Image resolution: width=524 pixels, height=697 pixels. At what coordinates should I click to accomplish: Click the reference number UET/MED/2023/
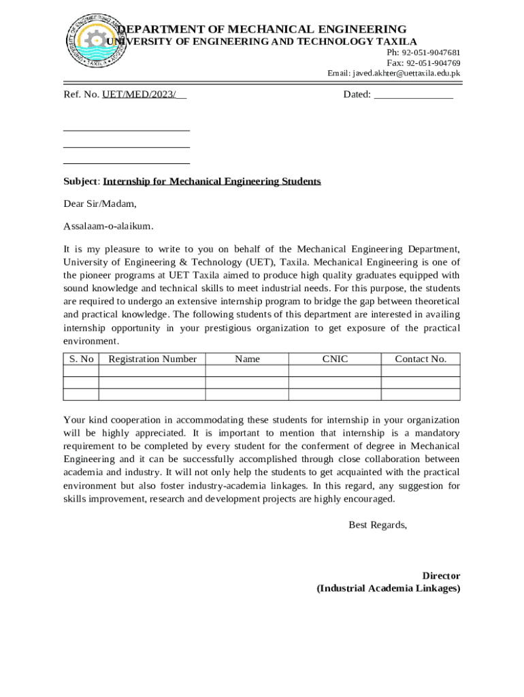pos(144,95)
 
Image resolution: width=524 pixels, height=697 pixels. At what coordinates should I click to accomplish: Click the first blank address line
pos(126,129)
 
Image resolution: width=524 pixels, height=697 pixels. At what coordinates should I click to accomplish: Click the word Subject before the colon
pos(81,182)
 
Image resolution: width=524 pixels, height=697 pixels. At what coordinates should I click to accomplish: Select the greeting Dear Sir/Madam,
pos(100,204)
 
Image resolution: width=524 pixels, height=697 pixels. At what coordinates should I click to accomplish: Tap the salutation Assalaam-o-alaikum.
pos(108,226)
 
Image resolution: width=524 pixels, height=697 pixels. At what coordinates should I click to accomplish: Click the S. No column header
pos(81,359)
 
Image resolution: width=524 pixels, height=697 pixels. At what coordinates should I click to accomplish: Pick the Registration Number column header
pos(152,359)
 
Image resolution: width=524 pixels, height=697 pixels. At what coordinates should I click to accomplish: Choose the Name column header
pos(247,359)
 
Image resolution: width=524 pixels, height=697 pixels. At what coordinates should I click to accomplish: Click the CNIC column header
pos(335,359)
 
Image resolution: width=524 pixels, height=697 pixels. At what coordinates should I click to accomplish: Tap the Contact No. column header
pos(421,359)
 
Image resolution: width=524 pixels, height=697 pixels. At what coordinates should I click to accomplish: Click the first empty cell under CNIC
pos(335,371)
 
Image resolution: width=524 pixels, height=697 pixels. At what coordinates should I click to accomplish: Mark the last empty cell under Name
pos(247,394)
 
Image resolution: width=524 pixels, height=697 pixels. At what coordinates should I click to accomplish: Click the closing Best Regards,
pos(378,525)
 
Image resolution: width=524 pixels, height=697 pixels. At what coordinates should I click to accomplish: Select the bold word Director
pos(441,576)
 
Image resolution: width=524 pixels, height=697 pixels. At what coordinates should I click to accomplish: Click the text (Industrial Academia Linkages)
pos(389,589)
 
